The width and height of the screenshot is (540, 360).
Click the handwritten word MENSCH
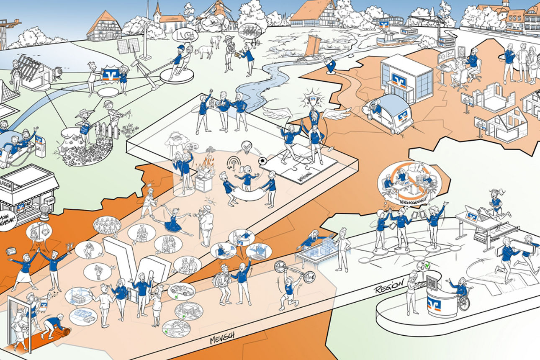coord(222,337)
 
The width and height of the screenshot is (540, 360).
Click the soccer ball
coord(263,160)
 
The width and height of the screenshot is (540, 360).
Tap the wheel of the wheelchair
coord(464,303)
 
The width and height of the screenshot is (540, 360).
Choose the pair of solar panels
coord(129,45)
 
